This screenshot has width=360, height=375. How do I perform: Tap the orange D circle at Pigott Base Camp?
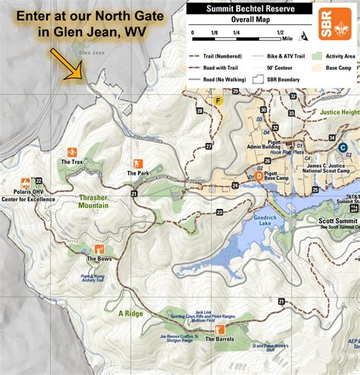point(259,175)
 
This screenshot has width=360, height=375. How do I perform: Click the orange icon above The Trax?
point(72,152)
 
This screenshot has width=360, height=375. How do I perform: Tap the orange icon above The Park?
point(137,163)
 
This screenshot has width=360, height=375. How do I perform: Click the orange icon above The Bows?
point(99,249)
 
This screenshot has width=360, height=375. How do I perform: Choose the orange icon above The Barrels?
point(219,329)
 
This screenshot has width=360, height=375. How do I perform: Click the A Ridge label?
point(131,313)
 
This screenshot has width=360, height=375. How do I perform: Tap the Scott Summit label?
point(335,221)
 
